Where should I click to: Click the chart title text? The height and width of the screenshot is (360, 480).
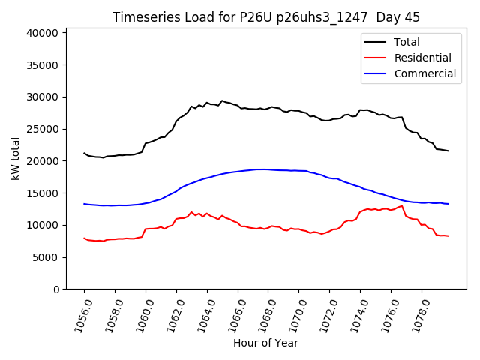(265, 16)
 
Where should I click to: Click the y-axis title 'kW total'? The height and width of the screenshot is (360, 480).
(16, 158)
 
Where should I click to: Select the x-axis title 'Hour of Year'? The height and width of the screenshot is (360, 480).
(265, 343)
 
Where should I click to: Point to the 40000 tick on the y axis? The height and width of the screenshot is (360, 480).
(43, 33)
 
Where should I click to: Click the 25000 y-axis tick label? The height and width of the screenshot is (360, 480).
(43, 129)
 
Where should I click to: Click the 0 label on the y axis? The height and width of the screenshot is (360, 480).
(55, 289)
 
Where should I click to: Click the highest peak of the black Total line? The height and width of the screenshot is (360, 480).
(222, 100)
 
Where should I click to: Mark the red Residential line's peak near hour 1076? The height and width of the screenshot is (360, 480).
(402, 205)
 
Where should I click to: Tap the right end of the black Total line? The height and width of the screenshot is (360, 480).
(448, 151)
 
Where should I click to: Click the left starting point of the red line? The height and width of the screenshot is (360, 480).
(84, 238)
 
